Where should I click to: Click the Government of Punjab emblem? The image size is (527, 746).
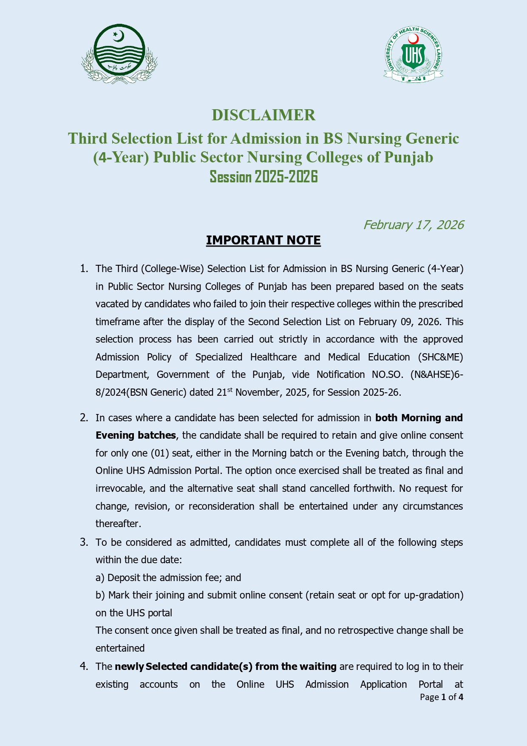[x=119, y=54]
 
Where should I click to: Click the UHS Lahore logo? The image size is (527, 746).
[x=413, y=54]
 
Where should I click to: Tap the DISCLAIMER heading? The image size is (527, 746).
[x=263, y=115]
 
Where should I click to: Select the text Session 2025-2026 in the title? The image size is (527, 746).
[x=263, y=177]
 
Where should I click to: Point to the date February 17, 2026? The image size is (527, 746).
[x=413, y=225]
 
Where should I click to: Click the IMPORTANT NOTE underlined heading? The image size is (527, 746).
[x=263, y=241]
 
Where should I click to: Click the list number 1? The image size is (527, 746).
[x=84, y=269]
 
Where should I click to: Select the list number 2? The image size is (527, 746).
[x=84, y=418]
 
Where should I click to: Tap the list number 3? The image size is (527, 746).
[x=84, y=542]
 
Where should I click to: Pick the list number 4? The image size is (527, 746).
[x=84, y=667]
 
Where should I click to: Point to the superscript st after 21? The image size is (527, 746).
[x=230, y=389]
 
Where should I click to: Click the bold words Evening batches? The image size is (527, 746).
[x=136, y=435]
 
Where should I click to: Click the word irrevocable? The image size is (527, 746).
[x=119, y=488]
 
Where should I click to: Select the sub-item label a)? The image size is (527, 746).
[x=100, y=578]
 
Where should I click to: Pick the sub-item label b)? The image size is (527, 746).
[x=100, y=595]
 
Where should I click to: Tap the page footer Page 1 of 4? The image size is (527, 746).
[x=441, y=697]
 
